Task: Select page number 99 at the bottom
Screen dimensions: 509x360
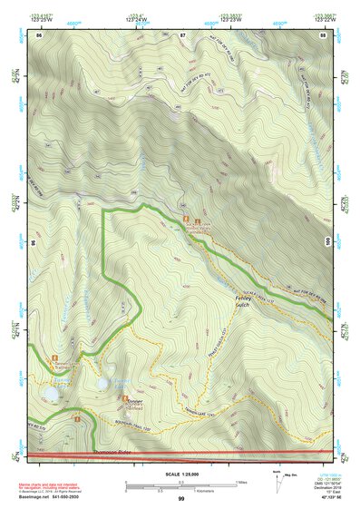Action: (x=181, y=499)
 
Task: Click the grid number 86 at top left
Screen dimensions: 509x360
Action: (x=40, y=34)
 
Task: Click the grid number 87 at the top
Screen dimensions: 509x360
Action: (x=182, y=34)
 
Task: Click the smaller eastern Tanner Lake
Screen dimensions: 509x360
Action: (x=104, y=383)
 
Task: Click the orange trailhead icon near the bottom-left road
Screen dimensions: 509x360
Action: (x=80, y=419)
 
